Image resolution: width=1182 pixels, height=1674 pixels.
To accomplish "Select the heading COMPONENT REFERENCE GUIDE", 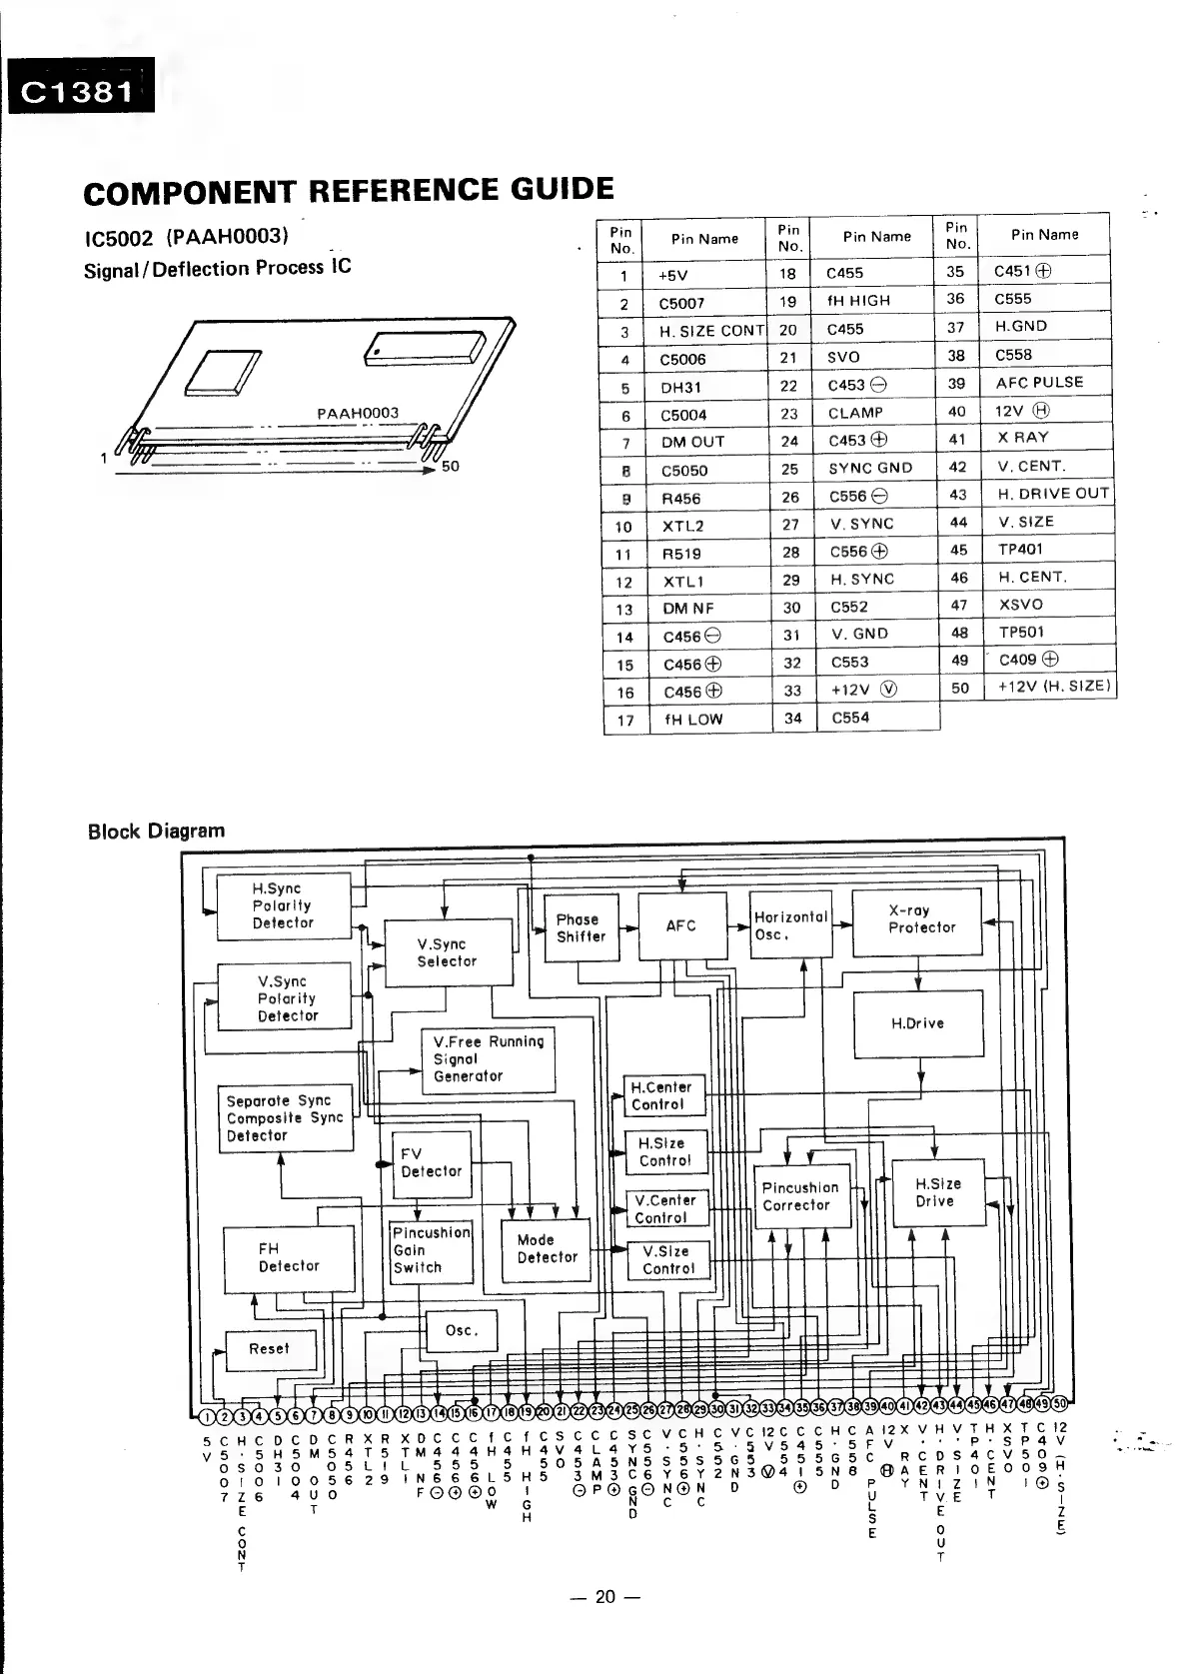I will (x=349, y=190).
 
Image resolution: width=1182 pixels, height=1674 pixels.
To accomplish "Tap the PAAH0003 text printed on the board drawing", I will (x=357, y=413).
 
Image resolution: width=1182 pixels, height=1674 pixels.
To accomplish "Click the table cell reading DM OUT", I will (x=692, y=442).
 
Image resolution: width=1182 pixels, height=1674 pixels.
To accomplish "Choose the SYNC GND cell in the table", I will (x=870, y=468).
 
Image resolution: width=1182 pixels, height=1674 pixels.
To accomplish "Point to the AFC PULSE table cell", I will (x=1039, y=383).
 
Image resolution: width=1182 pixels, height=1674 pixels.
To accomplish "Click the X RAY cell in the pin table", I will (x=1023, y=438).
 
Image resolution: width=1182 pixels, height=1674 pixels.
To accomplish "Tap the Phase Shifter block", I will (x=581, y=928).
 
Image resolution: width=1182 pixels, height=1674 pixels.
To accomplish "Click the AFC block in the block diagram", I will (x=681, y=926).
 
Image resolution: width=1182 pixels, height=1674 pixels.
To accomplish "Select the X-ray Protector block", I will (x=916, y=920).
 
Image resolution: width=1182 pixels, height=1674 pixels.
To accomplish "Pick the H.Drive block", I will (x=917, y=1023).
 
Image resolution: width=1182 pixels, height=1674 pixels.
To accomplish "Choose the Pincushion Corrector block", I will (x=800, y=1197).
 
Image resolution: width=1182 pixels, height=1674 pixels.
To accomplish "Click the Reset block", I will (x=270, y=1349).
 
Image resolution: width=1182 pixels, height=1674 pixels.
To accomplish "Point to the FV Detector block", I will (x=431, y=1163).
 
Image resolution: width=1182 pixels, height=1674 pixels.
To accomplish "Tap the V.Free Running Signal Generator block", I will (x=488, y=1059).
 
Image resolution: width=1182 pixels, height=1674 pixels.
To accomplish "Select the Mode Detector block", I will (x=546, y=1249).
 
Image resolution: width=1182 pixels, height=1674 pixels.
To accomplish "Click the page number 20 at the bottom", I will (x=605, y=1596).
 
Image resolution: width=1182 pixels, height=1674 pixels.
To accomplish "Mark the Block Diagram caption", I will (x=156, y=831).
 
